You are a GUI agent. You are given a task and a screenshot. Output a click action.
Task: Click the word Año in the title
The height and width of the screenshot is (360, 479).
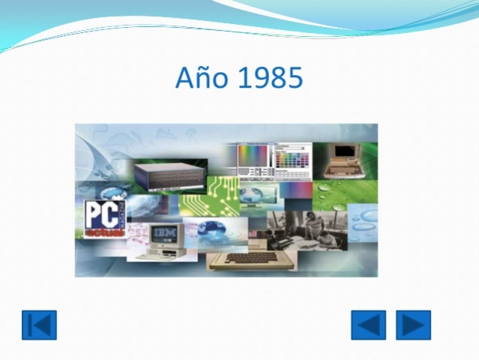pos(197,78)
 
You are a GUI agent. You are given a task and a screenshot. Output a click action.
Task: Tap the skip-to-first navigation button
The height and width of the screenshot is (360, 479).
pos(39,325)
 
